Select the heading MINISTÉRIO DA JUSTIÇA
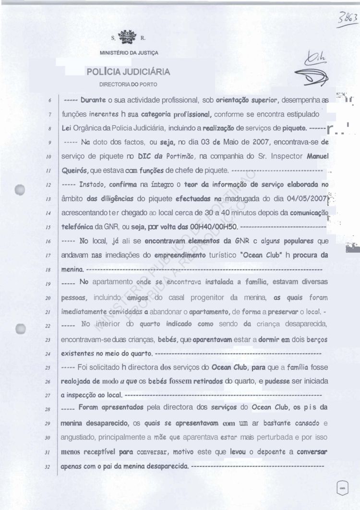click(x=129, y=52)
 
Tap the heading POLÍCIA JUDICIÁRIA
click(x=128, y=72)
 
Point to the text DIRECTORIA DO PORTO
click(x=128, y=85)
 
